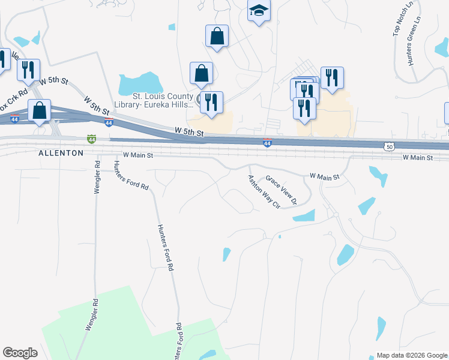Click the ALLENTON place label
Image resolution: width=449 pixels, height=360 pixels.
(61, 154)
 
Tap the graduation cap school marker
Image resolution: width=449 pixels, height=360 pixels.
(259, 11)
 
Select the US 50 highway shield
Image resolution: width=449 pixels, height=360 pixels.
(389, 146)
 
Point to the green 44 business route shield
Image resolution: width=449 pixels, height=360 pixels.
(91, 139)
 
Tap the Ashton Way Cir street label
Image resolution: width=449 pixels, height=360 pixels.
(264, 191)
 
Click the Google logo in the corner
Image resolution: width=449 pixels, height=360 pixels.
(20, 353)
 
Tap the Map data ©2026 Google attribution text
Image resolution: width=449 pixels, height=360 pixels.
(411, 355)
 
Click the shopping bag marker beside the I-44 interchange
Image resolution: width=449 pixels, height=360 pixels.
(40, 111)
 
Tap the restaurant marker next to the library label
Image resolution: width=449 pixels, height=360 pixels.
(211, 101)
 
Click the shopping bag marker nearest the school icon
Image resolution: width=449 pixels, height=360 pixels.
(217, 36)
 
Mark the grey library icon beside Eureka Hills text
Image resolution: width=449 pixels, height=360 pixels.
(200, 98)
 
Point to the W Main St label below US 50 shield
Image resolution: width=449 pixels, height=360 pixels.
(418, 157)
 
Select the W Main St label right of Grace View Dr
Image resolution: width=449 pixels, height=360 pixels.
(324, 176)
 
